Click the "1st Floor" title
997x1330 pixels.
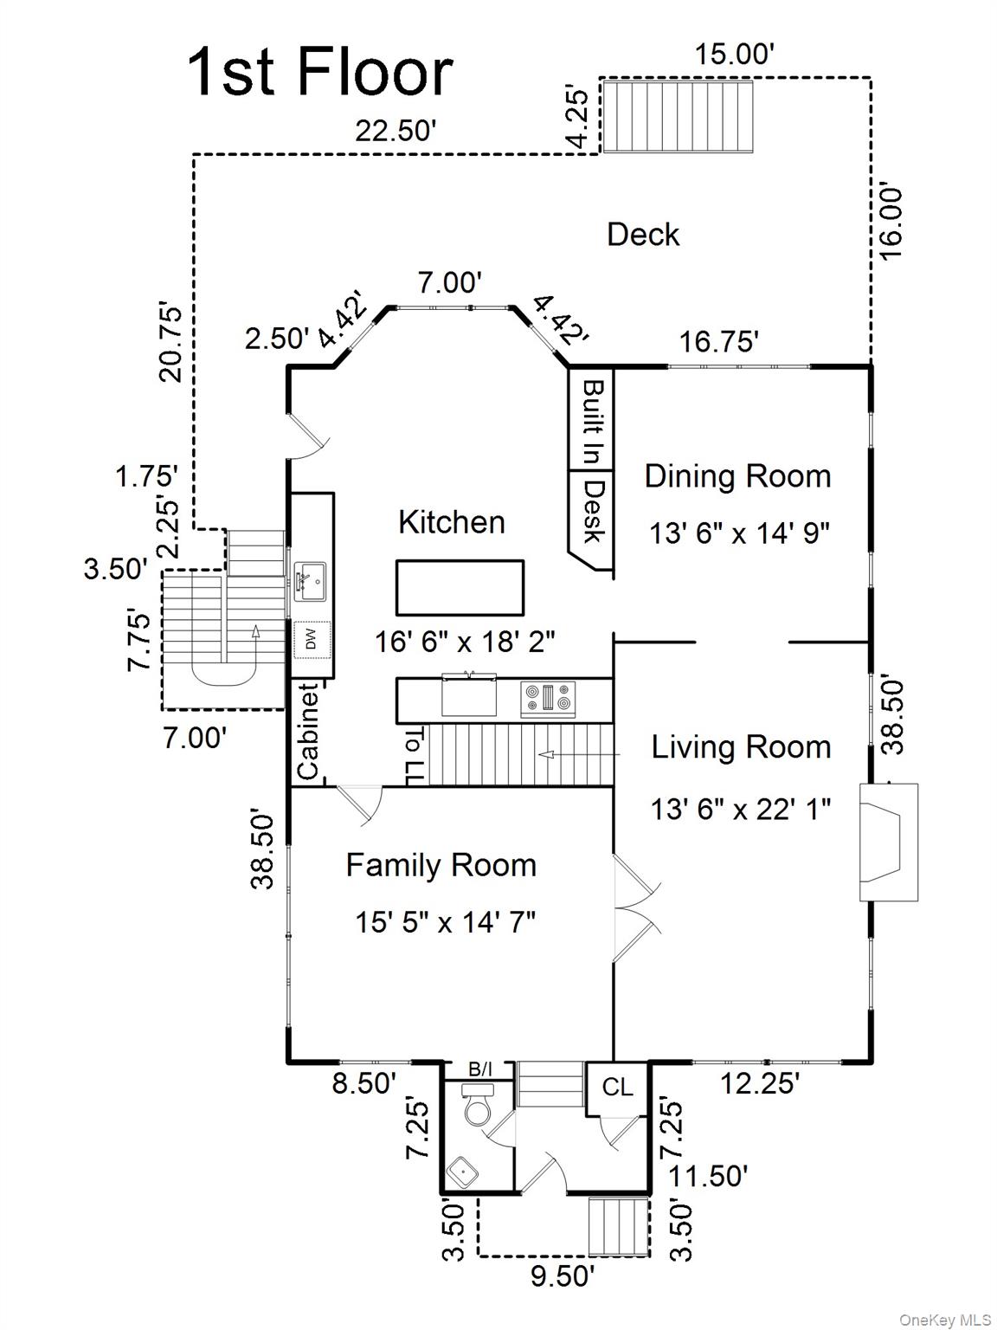[x=319, y=73]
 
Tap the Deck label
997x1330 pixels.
[x=643, y=235]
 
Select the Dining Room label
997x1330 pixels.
[x=737, y=476]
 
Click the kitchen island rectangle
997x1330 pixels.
[x=460, y=588]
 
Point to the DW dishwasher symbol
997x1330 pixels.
[x=312, y=640]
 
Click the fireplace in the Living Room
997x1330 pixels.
[x=888, y=843]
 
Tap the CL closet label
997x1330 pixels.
[x=617, y=1088]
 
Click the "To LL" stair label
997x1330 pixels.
[x=415, y=756]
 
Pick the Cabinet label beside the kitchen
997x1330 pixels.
[x=309, y=733]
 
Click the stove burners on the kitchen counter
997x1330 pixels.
[x=548, y=698]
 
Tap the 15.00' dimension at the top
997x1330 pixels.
[x=734, y=55]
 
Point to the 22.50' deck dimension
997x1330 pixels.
[x=395, y=132]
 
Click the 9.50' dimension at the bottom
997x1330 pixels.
[x=563, y=1276]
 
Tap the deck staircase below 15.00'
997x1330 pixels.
[x=676, y=117]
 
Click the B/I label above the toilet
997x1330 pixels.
[x=480, y=1070]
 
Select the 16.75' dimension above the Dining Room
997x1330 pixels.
[x=718, y=342]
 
